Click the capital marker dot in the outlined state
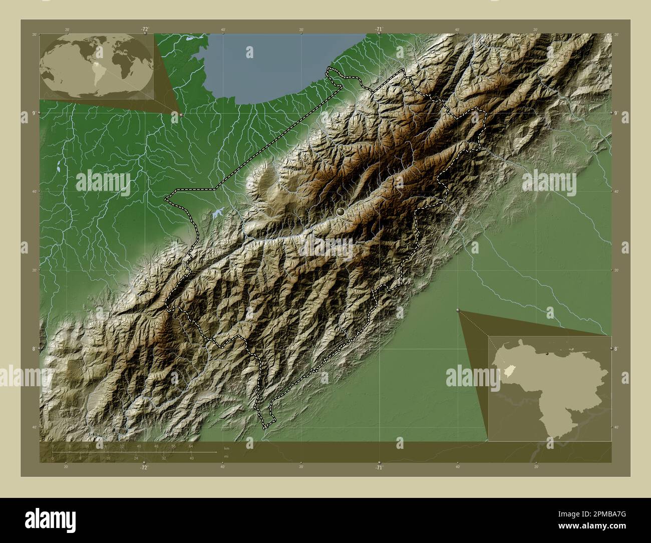pos(341,212)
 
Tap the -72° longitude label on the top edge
pos(145,29)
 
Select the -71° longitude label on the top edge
pos(379,29)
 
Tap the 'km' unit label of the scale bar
pos(227,448)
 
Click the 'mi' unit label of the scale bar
pos(226,457)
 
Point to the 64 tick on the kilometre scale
pos(191,446)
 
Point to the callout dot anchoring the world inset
pos(181,115)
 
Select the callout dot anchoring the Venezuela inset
pos(458,311)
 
